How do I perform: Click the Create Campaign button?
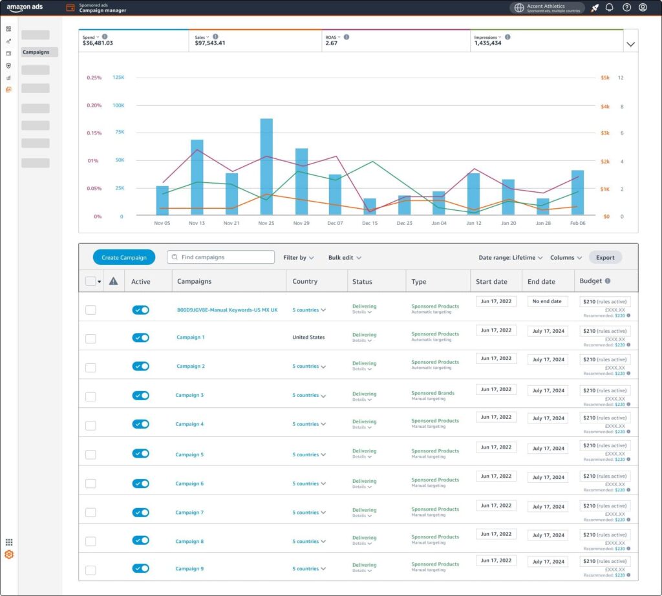(123, 257)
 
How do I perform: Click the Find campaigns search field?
(220, 257)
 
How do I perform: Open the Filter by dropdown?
(298, 258)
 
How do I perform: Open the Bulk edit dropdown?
(344, 258)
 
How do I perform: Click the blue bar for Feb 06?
(577, 193)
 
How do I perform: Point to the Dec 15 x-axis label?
(370, 223)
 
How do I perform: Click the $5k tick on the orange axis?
(604, 78)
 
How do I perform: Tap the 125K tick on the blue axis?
(118, 78)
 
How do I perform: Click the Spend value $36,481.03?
(98, 43)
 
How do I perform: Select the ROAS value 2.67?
(331, 43)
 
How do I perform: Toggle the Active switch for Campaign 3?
(140, 395)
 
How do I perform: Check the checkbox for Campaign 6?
(91, 484)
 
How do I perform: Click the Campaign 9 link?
(189, 569)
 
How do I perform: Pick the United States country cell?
(308, 337)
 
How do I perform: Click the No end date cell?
(546, 301)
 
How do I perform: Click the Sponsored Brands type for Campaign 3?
(432, 393)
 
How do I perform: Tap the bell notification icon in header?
(609, 8)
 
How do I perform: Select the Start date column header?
(491, 281)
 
